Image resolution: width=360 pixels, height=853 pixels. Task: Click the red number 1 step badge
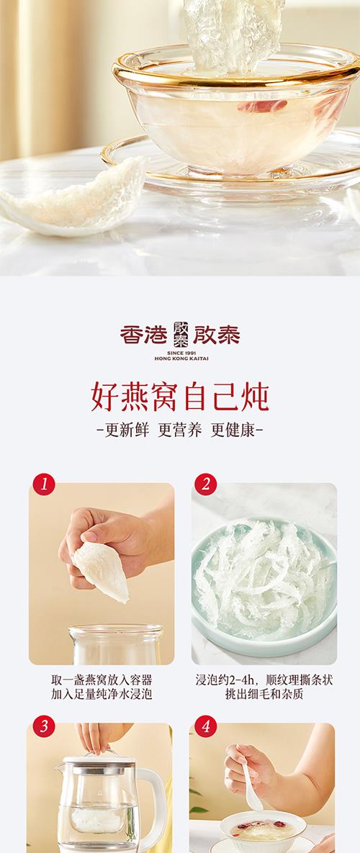[43, 484]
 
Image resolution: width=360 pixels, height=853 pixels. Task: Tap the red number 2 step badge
[205, 484]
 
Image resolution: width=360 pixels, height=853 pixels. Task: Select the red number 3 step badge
[43, 726]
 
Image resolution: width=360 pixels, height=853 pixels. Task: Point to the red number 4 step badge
[205, 726]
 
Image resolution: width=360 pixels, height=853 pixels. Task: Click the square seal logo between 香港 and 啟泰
[181, 335]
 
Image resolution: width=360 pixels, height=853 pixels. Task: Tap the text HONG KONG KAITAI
[181, 358]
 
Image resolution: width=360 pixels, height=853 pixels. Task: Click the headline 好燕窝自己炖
[180, 396]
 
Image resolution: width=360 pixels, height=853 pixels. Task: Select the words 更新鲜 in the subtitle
[126, 430]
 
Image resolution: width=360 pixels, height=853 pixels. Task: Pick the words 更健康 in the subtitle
[233, 430]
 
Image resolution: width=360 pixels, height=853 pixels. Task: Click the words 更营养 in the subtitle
[179, 430]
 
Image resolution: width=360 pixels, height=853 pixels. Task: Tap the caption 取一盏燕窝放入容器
[102, 680]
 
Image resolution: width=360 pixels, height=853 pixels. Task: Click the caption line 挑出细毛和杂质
[264, 694]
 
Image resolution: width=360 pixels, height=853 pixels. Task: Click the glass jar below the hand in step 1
[116, 645]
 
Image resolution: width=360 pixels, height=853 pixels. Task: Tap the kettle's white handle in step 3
[154, 800]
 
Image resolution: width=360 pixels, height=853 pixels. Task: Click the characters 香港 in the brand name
[143, 335]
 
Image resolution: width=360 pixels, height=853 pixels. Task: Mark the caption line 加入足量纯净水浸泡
[102, 694]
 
